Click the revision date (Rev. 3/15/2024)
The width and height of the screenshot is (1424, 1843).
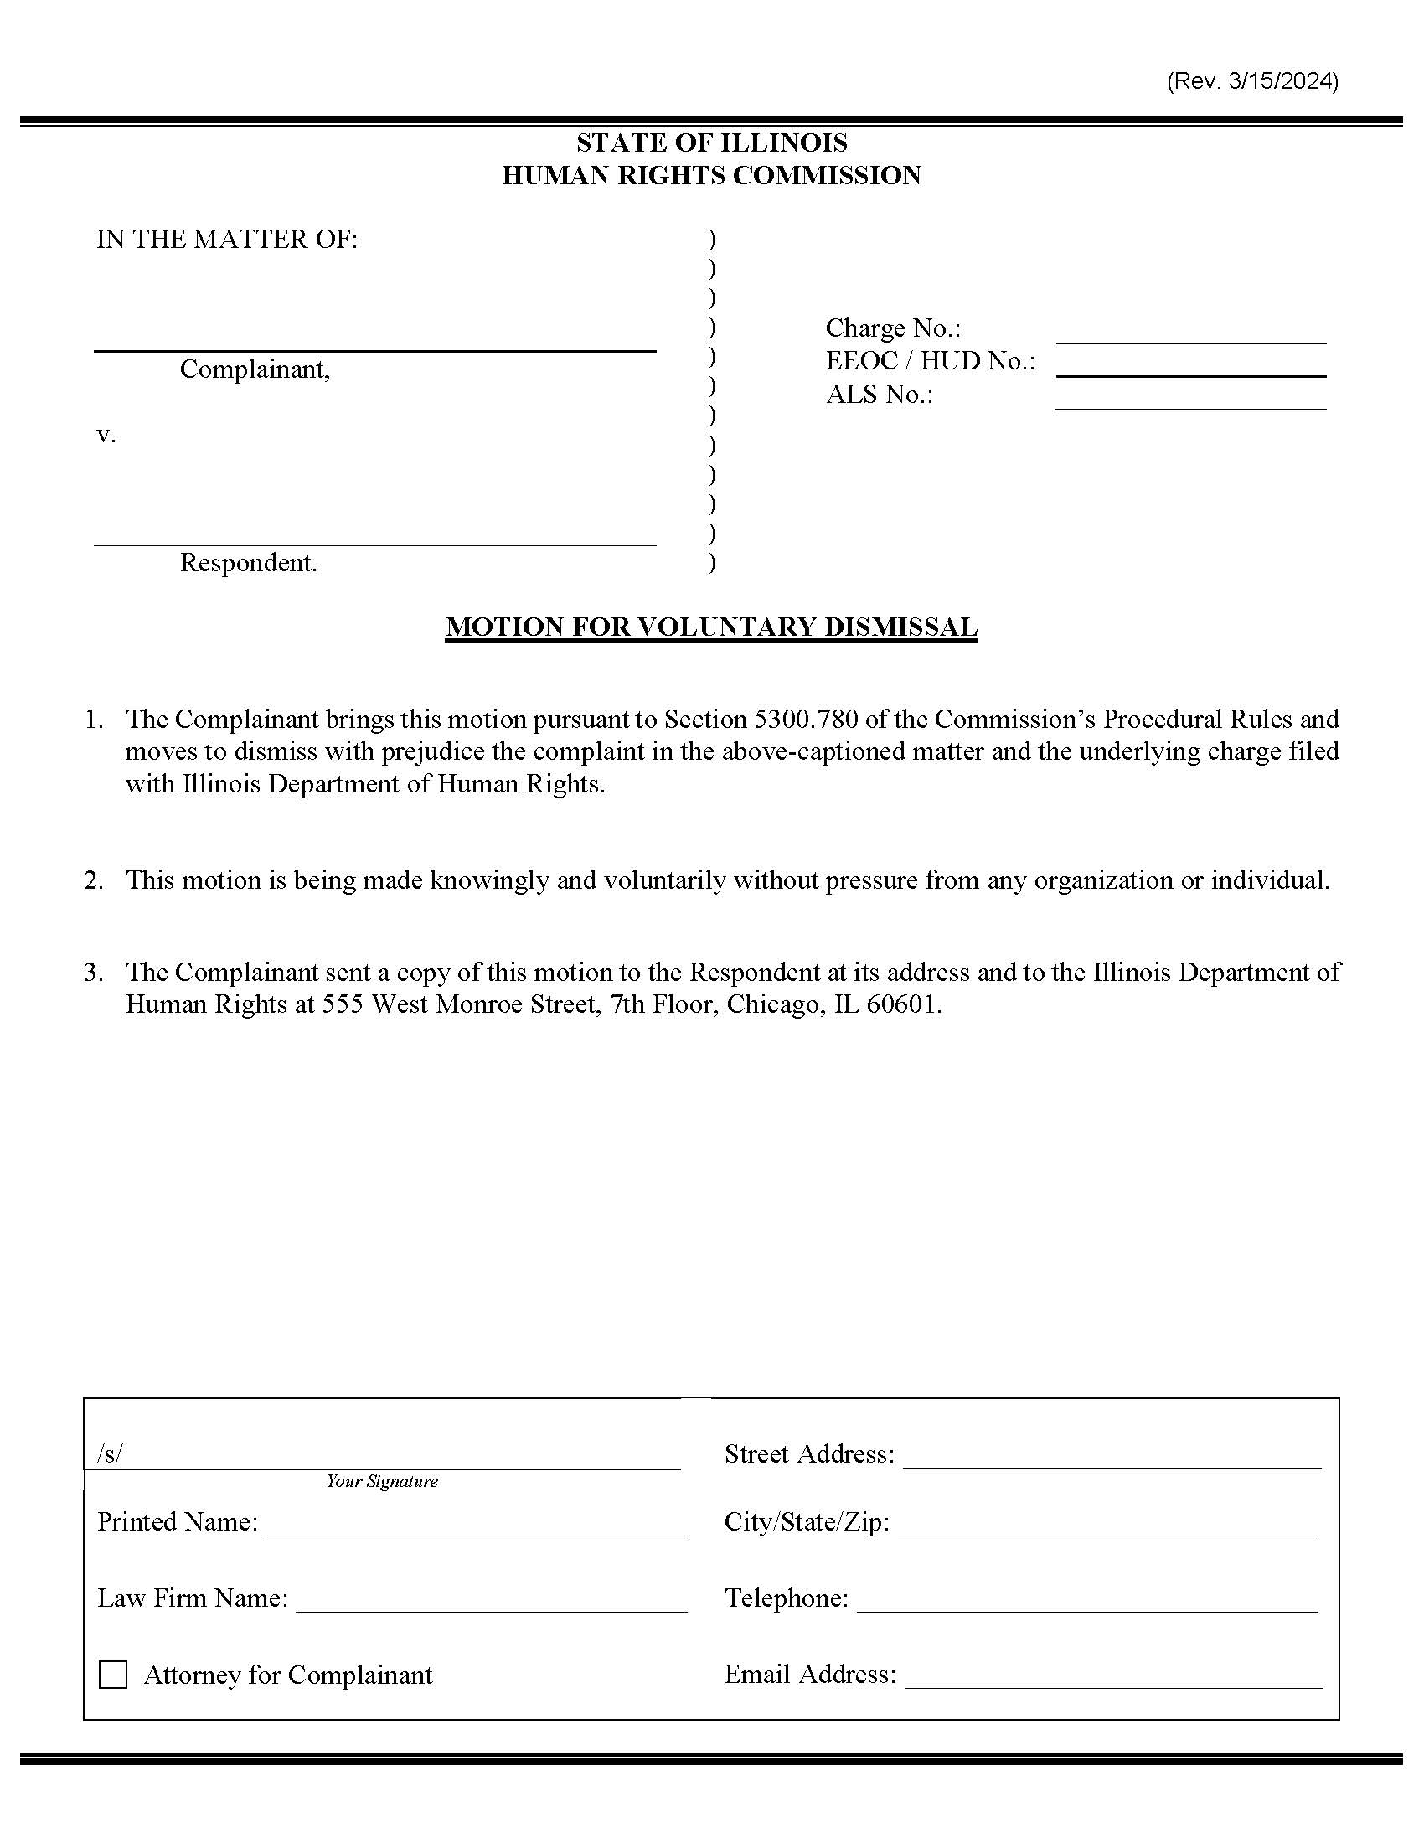coord(1252,81)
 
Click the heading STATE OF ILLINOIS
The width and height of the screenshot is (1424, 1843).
coord(711,142)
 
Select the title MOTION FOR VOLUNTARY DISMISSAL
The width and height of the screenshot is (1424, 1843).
coord(711,626)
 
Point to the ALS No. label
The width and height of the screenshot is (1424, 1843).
coord(879,394)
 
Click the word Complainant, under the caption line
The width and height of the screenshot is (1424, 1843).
coord(255,369)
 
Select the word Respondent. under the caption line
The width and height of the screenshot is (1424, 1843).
coord(248,563)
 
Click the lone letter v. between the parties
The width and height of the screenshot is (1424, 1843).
coord(105,435)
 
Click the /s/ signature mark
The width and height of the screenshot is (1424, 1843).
coord(110,1453)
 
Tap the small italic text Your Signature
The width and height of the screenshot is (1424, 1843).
coord(382,1481)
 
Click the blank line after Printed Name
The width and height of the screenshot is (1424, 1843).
coord(475,1528)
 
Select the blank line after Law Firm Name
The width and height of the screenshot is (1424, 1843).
coord(491,1604)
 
